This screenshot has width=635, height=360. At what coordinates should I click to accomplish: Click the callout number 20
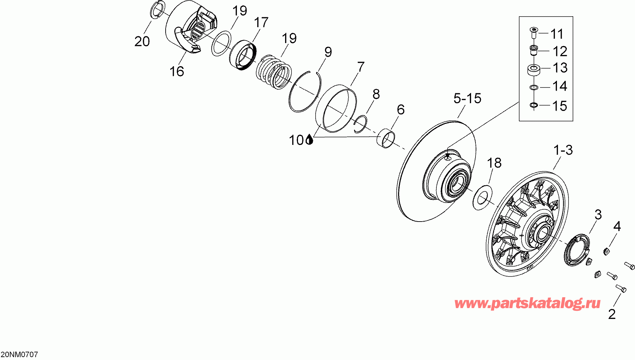pyautogui.click(x=142, y=41)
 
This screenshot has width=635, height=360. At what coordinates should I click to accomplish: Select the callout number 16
pyautogui.click(x=176, y=71)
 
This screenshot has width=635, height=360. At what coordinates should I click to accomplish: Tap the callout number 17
pyautogui.click(x=261, y=22)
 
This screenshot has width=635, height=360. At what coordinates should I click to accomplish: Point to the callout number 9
pyautogui.click(x=328, y=52)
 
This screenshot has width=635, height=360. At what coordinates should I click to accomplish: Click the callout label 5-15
pyautogui.click(x=467, y=98)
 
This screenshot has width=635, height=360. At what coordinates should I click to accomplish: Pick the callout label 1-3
pyautogui.click(x=563, y=150)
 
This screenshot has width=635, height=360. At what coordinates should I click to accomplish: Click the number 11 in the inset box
pyautogui.click(x=557, y=34)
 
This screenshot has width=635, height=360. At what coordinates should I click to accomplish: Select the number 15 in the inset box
pyautogui.click(x=560, y=106)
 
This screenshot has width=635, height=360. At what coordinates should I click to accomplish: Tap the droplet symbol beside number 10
pyautogui.click(x=309, y=139)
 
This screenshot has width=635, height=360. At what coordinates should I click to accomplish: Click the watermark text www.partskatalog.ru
pyautogui.click(x=527, y=303)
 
